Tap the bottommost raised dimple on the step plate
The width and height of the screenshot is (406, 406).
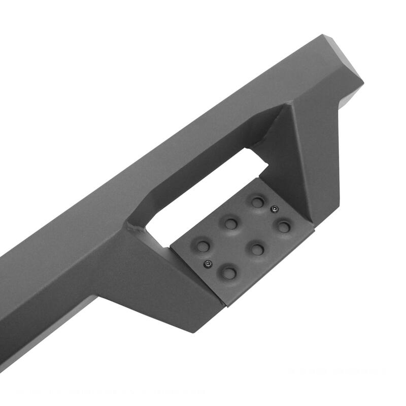click(x=229, y=274)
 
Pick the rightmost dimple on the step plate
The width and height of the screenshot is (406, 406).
click(x=284, y=226)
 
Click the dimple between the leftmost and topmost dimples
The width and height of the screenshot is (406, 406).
click(x=231, y=223)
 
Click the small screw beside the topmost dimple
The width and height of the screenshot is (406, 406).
click(x=274, y=209)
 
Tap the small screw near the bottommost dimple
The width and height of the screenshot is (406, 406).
click(x=208, y=263)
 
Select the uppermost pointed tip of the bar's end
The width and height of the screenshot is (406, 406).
click(x=323, y=35)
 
